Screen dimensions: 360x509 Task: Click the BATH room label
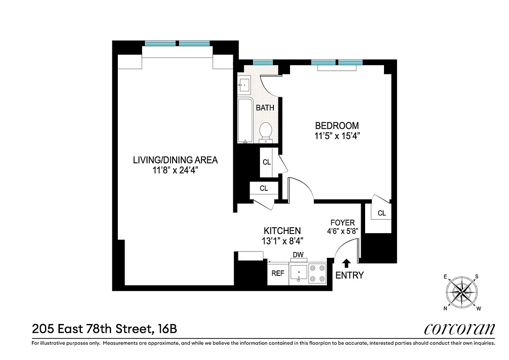tap(265, 108)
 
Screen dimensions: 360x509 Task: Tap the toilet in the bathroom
tap(266, 131)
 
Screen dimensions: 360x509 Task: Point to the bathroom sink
tap(245, 84)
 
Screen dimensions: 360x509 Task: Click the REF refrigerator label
tap(277, 273)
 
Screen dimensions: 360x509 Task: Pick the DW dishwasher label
tap(298, 255)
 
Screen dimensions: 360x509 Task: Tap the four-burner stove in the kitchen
tap(317, 273)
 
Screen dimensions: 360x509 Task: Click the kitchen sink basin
tap(299, 273)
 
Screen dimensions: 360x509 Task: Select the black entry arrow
tap(347, 262)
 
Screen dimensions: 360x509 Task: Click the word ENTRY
tap(349, 275)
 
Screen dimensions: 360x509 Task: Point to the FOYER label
tap(343, 222)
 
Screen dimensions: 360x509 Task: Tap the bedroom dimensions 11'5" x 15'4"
tap(337, 135)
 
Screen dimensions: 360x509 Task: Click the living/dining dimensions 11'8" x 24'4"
tap(175, 171)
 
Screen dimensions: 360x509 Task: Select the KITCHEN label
tap(282, 231)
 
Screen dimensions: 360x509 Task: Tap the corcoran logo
tap(459, 329)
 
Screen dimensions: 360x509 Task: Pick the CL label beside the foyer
tap(382, 213)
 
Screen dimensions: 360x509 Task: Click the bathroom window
tap(263, 62)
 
